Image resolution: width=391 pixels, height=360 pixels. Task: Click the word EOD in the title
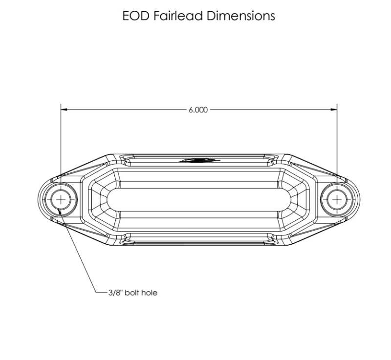point(136,16)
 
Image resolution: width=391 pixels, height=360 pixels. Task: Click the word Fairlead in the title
point(178,16)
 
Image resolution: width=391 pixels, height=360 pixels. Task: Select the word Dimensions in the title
point(241,16)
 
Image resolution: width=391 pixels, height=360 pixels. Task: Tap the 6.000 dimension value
point(198,110)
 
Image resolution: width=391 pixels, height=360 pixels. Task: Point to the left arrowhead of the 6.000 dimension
point(64,109)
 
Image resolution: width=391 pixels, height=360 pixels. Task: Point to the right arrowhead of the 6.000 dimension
point(334,109)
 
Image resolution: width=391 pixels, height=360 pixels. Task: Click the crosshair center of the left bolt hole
point(61,200)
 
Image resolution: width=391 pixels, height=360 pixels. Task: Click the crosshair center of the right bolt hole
point(337,200)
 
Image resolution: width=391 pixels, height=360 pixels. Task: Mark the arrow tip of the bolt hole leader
point(59,210)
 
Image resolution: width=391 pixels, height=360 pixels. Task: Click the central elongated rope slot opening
point(199,200)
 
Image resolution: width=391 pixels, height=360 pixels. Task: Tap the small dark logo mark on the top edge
point(199,160)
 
